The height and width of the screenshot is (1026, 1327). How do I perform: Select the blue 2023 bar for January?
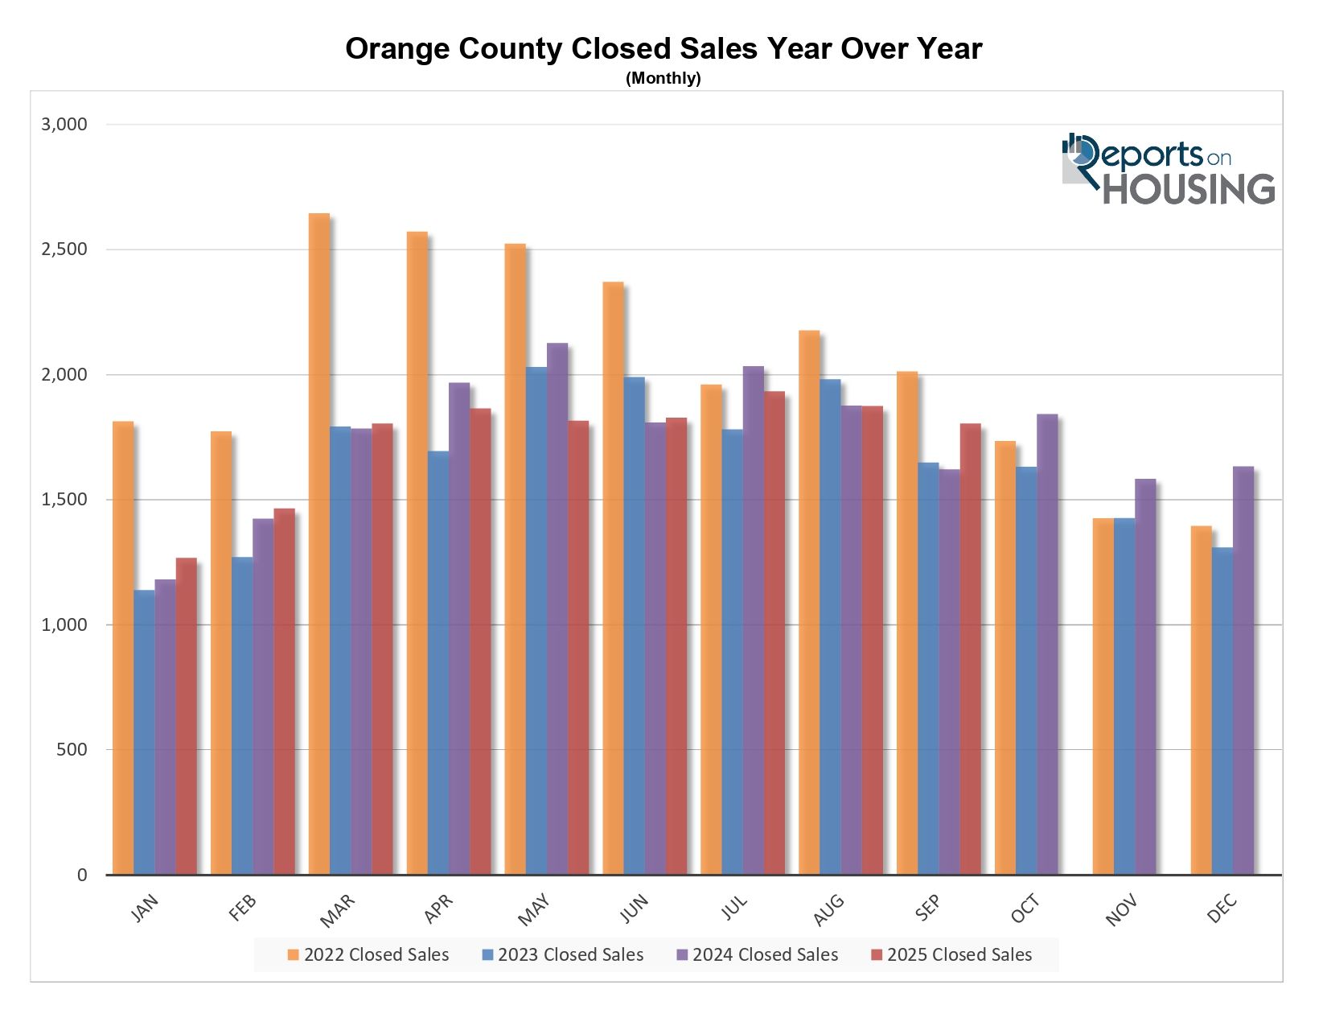(x=144, y=732)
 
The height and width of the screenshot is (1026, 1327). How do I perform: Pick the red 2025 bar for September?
(x=970, y=649)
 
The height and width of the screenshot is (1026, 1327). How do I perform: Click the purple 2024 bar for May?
(x=557, y=608)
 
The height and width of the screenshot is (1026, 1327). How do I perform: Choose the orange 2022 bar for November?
(x=1103, y=696)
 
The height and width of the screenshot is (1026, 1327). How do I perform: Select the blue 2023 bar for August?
(x=830, y=627)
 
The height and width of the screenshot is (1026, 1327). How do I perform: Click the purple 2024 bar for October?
(x=1047, y=644)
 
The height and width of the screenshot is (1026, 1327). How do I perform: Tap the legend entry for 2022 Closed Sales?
(x=368, y=955)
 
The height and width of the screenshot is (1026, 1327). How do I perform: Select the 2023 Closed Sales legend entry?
(x=563, y=955)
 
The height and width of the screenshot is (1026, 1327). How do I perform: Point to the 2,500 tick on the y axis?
(x=64, y=249)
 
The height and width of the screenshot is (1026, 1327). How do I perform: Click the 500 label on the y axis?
(x=72, y=750)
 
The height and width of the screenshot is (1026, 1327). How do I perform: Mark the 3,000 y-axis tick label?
(x=64, y=125)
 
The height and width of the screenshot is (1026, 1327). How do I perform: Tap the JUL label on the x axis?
(x=733, y=908)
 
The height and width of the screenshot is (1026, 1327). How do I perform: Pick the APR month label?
(x=438, y=909)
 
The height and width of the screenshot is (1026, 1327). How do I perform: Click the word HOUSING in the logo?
(x=1188, y=190)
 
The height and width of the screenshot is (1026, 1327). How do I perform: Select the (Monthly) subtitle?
(x=663, y=78)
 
